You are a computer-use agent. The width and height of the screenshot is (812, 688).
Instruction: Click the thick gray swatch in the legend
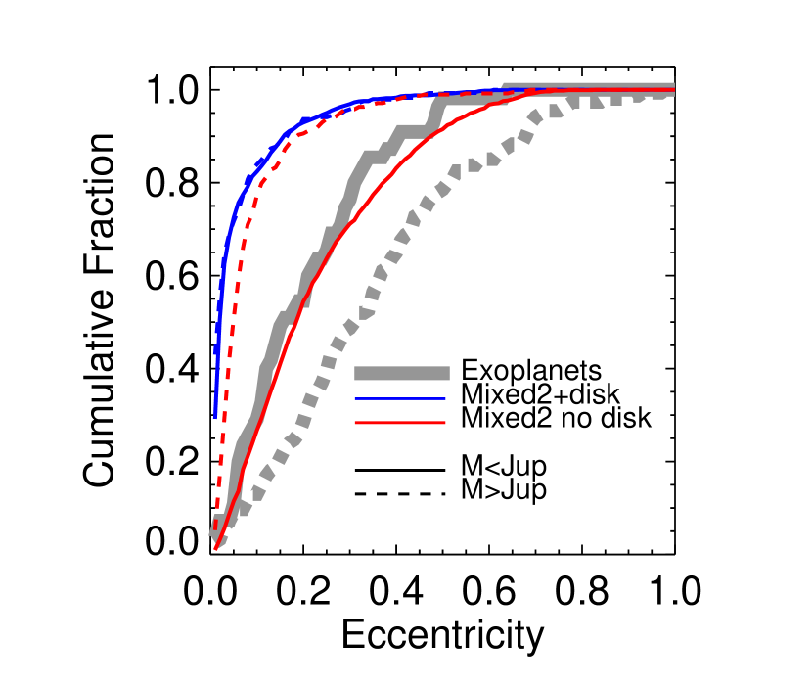[x=401, y=373]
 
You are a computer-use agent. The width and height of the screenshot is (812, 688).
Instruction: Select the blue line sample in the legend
[x=399, y=398]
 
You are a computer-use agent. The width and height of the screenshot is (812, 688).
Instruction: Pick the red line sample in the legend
[x=399, y=423]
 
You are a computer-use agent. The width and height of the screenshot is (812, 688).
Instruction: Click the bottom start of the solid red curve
[x=215, y=549]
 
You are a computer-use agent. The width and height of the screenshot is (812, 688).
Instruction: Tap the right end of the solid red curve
[x=674, y=90]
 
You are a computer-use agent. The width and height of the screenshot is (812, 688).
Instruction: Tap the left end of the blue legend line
[x=355, y=398]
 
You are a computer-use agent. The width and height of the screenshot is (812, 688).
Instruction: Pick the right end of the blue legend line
[x=445, y=398]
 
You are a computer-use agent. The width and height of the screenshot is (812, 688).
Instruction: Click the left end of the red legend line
[x=355, y=423]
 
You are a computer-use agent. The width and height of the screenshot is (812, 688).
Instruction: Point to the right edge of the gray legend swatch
[x=449, y=373]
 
